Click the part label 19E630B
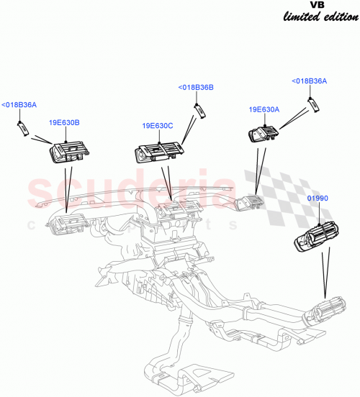click(64, 123)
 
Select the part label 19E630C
click(158, 126)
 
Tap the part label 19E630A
click(264, 109)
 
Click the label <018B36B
click(196, 88)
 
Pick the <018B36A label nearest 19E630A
click(309, 81)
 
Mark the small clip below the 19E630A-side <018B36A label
click(315, 104)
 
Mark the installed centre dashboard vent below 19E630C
click(175, 210)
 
